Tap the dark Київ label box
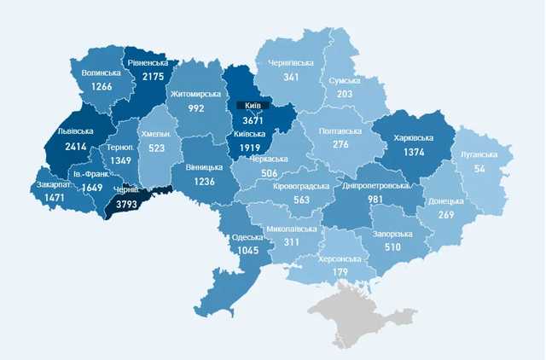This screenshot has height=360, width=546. click(x=253, y=106)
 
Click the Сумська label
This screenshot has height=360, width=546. click(x=345, y=80)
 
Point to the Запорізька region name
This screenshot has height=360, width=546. click(x=392, y=234)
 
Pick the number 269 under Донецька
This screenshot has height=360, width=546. click(x=444, y=215)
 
